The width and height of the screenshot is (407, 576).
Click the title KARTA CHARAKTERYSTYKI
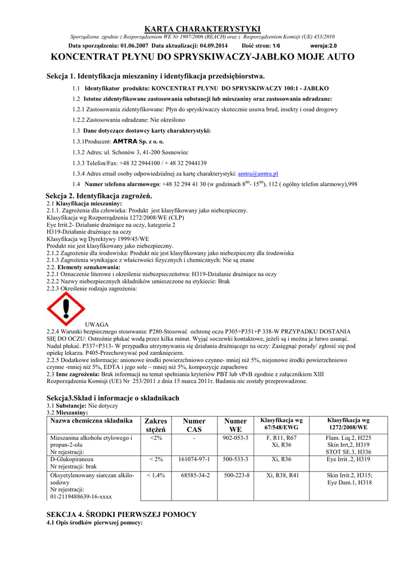(x=203, y=28)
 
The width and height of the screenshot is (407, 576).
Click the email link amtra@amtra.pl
(x=259, y=174)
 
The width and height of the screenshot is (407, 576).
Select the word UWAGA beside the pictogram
(x=97, y=325)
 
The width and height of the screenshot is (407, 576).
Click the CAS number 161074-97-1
(x=194, y=460)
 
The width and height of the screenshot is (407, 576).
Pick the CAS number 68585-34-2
(x=195, y=475)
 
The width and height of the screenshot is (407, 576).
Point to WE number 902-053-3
(x=236, y=438)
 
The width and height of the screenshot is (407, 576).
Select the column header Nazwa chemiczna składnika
(x=91, y=421)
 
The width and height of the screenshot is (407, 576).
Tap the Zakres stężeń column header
(x=156, y=425)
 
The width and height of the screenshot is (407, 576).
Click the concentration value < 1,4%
(x=156, y=475)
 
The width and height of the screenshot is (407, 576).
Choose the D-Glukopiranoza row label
(x=72, y=460)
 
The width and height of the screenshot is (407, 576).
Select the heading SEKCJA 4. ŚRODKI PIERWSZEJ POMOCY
(x=121, y=514)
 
